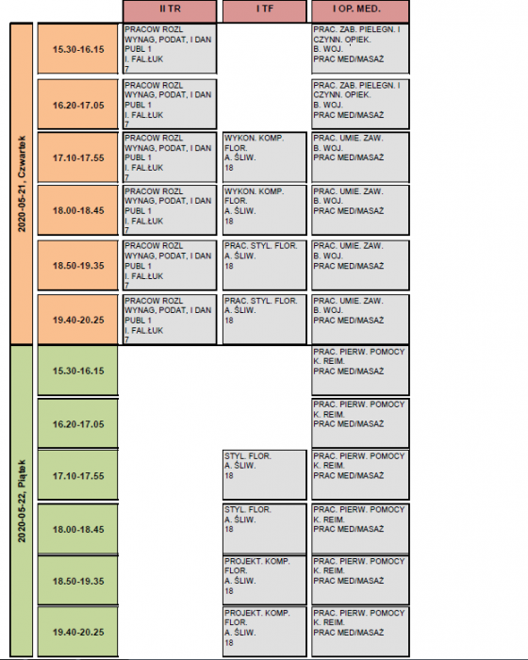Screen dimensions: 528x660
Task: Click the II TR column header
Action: [x=170, y=10]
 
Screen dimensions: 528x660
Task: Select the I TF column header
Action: [x=264, y=10]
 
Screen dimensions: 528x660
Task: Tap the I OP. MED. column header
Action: [x=360, y=10]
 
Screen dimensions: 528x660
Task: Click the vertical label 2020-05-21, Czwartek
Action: [x=22, y=184]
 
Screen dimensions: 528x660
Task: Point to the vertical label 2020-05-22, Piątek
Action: [x=22, y=501]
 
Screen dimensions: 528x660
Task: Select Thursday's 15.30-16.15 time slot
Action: [x=78, y=49]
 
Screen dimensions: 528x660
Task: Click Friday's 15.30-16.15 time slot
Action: [x=78, y=371]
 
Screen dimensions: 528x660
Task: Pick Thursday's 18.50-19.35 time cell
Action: [x=78, y=265]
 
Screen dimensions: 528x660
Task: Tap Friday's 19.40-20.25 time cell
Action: [x=78, y=632]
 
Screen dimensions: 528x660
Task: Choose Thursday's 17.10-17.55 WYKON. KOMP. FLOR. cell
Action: [x=264, y=157]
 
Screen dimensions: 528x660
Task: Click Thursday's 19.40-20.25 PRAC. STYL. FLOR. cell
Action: [x=264, y=320]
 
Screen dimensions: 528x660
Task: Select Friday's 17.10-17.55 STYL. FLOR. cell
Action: [x=264, y=475]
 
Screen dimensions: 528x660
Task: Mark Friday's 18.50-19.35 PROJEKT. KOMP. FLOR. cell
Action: [x=264, y=581]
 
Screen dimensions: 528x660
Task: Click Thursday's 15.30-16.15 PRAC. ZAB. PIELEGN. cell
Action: [x=360, y=49]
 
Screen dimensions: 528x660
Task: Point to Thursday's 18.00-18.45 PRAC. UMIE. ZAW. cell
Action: [x=360, y=210]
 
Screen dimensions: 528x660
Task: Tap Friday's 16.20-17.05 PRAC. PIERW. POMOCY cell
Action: [x=360, y=423]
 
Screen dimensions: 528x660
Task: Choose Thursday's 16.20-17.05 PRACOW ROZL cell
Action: [x=170, y=104]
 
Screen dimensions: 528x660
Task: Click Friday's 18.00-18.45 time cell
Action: [x=78, y=529]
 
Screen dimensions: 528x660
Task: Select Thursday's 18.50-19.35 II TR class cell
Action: [x=170, y=265]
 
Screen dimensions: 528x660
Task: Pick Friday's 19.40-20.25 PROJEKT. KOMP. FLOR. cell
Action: [x=264, y=632]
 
